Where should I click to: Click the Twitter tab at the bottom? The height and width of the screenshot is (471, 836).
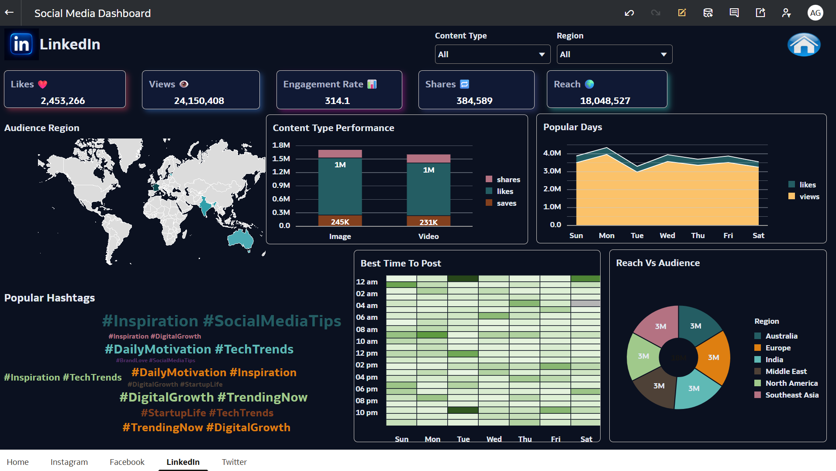[234, 462]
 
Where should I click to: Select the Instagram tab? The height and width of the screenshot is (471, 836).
[69, 462]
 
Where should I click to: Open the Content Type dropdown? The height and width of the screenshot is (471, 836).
[492, 55]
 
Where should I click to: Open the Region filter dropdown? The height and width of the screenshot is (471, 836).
[614, 55]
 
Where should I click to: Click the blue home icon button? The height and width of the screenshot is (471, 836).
[804, 45]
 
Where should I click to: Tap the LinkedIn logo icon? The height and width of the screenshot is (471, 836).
[21, 44]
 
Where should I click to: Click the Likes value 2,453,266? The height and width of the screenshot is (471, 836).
[63, 101]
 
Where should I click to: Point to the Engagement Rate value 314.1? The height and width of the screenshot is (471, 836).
[337, 101]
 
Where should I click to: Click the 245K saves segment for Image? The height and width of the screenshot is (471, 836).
[340, 221]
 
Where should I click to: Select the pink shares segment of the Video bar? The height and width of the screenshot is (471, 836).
[428, 159]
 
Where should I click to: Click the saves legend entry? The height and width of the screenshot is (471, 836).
[506, 203]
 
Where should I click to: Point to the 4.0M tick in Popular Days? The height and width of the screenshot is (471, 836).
[552, 153]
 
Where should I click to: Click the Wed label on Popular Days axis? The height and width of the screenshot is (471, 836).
[667, 235]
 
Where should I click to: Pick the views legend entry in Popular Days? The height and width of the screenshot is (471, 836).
[809, 197]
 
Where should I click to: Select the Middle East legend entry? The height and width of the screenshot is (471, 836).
[786, 371]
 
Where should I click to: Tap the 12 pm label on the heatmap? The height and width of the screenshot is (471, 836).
[366, 353]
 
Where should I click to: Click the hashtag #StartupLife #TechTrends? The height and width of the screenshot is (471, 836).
[207, 413]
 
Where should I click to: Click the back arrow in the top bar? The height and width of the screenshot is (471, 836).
[9, 13]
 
